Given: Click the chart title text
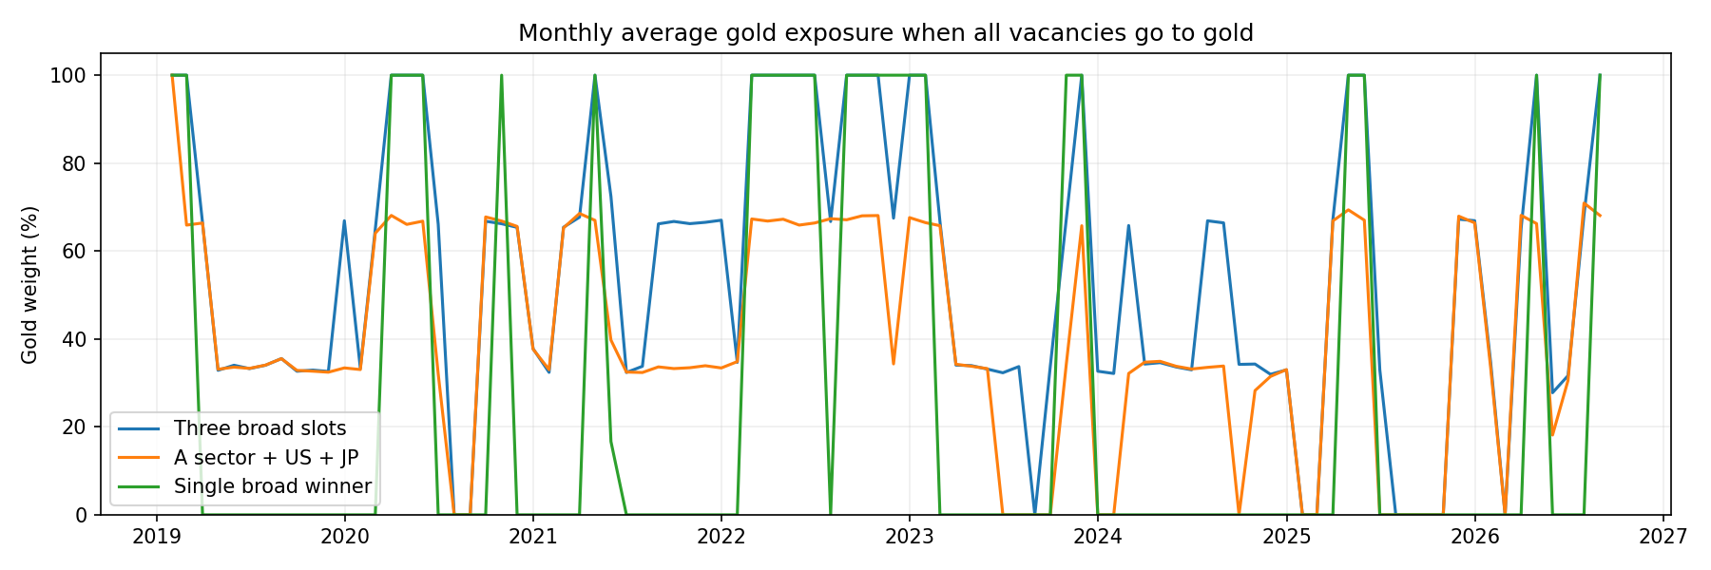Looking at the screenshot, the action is click(x=886, y=33).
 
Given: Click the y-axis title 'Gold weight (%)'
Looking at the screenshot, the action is click(x=29, y=284).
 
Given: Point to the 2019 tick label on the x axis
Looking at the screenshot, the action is click(x=157, y=537).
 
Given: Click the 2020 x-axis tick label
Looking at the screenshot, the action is click(x=345, y=537).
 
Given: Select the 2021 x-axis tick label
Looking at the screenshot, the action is click(x=533, y=537).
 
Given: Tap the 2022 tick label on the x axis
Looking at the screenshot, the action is click(x=721, y=537).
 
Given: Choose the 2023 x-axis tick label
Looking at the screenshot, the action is click(x=910, y=537).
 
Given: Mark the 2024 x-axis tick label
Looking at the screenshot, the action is click(x=1098, y=537).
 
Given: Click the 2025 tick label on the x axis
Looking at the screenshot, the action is click(x=1286, y=537).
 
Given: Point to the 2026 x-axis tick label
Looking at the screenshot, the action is click(x=1474, y=537).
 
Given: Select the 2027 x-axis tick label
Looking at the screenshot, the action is click(x=1663, y=537).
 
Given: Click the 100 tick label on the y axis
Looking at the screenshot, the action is click(x=68, y=75).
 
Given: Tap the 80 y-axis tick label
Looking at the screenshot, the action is click(x=75, y=163).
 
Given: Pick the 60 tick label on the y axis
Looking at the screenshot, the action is click(x=75, y=252).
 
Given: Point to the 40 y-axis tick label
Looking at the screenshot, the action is click(x=75, y=340).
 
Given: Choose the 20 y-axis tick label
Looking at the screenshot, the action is click(x=75, y=427).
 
